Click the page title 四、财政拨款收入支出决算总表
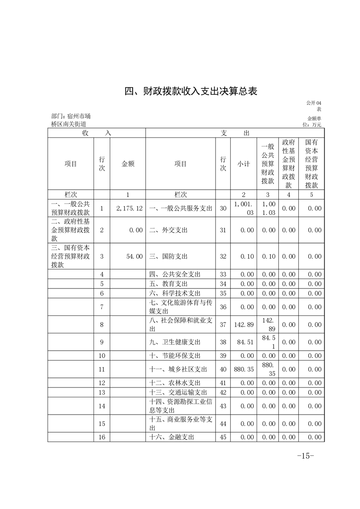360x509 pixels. tap(191, 91)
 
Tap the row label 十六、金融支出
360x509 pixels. tap(172, 437)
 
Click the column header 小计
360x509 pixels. tap(244, 164)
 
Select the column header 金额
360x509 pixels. tap(128, 164)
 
